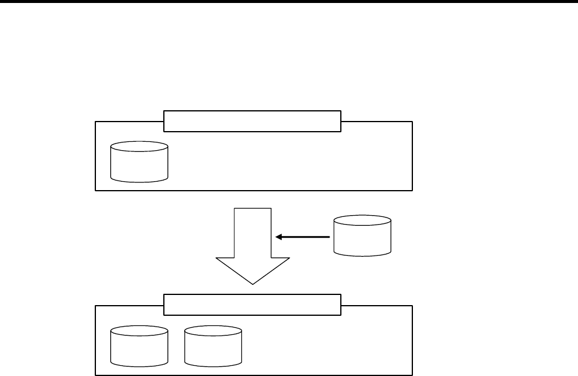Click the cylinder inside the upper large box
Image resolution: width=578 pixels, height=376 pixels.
click(139, 163)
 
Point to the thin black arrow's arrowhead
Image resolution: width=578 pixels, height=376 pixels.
click(278, 237)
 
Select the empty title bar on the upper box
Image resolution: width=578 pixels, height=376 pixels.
click(252, 120)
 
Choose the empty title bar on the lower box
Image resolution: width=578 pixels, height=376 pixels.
click(252, 304)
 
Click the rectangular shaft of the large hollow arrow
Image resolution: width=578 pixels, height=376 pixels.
click(253, 232)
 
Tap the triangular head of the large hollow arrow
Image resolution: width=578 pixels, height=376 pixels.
click(253, 268)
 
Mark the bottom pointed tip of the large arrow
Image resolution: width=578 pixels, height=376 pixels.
click(253, 284)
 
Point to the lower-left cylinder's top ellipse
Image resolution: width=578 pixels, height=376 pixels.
click(139, 331)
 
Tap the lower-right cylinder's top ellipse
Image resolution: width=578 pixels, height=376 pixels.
click(213, 331)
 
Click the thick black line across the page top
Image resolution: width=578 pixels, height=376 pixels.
click(289, 2)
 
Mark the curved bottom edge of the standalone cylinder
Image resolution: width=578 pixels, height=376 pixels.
click(362, 256)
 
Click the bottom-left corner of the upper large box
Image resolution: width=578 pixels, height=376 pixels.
click(96, 190)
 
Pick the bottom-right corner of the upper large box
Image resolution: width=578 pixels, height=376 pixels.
click(412, 190)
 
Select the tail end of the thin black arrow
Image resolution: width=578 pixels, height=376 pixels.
click(330, 237)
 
